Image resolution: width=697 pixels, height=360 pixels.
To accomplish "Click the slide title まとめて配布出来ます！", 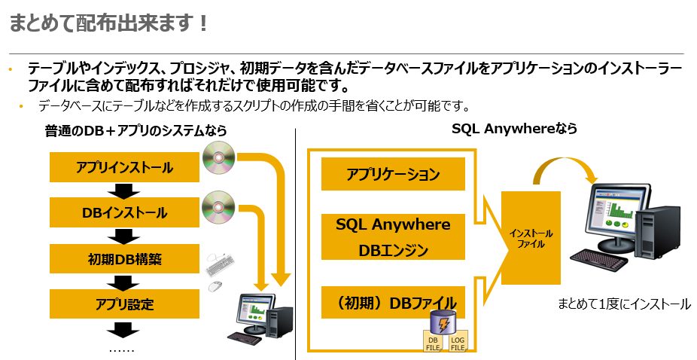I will (x=108, y=23).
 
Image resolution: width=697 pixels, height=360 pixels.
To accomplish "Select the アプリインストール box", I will (x=124, y=167).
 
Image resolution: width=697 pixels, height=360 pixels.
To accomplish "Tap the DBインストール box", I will (x=124, y=213).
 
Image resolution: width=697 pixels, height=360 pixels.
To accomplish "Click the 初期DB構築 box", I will (x=124, y=259).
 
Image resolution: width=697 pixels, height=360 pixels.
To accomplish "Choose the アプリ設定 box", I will (x=124, y=304).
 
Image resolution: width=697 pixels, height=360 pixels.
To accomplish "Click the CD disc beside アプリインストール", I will (x=218, y=157).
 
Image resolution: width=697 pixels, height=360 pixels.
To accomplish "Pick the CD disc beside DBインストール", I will (x=218, y=204).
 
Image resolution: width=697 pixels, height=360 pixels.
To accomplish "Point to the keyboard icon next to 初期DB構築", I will (x=221, y=264).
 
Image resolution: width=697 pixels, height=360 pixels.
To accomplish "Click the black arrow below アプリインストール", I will (x=124, y=190).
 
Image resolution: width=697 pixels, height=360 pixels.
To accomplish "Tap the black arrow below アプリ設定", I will (x=124, y=328).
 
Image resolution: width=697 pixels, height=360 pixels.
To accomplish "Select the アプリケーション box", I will (x=393, y=175).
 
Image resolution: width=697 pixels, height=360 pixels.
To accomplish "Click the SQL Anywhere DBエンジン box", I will (x=393, y=237).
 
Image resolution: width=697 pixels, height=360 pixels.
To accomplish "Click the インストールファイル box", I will (x=531, y=238).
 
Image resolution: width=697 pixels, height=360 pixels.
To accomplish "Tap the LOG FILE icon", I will (x=458, y=342).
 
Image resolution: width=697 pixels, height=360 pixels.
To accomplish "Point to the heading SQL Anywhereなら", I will (x=514, y=130).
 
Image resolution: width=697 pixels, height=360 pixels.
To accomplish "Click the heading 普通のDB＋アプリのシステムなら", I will (x=135, y=132).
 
